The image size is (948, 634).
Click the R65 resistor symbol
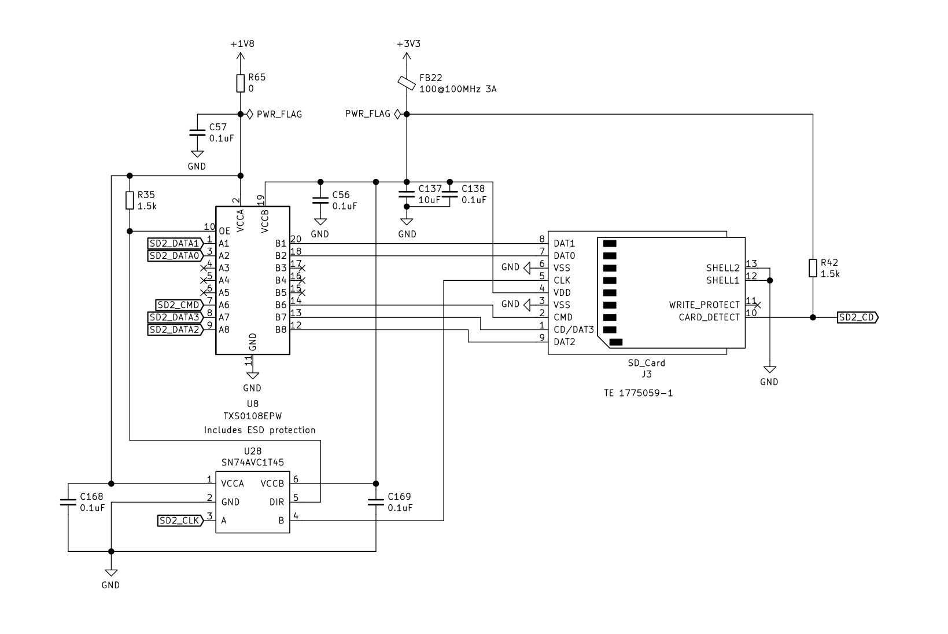tap(241, 83)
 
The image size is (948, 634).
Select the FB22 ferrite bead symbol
tap(407, 83)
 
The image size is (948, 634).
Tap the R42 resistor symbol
tap(813, 268)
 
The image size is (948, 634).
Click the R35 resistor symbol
tap(130, 200)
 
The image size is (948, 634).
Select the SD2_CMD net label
tap(179, 305)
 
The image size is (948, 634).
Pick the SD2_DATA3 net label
tap(175, 317)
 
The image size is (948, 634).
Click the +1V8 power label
tap(242, 44)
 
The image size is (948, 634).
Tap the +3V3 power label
tap(408, 44)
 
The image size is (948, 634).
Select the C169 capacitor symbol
tap(376, 502)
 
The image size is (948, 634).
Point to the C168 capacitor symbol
tap(68, 502)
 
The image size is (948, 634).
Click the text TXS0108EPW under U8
tap(252, 416)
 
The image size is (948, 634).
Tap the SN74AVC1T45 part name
tap(253, 463)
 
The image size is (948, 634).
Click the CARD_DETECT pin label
tap(709, 317)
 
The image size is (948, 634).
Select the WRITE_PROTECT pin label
tap(704, 305)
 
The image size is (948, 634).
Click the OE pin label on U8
tap(224, 231)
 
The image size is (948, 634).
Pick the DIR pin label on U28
tap(276, 502)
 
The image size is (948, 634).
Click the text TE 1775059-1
tap(638, 393)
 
